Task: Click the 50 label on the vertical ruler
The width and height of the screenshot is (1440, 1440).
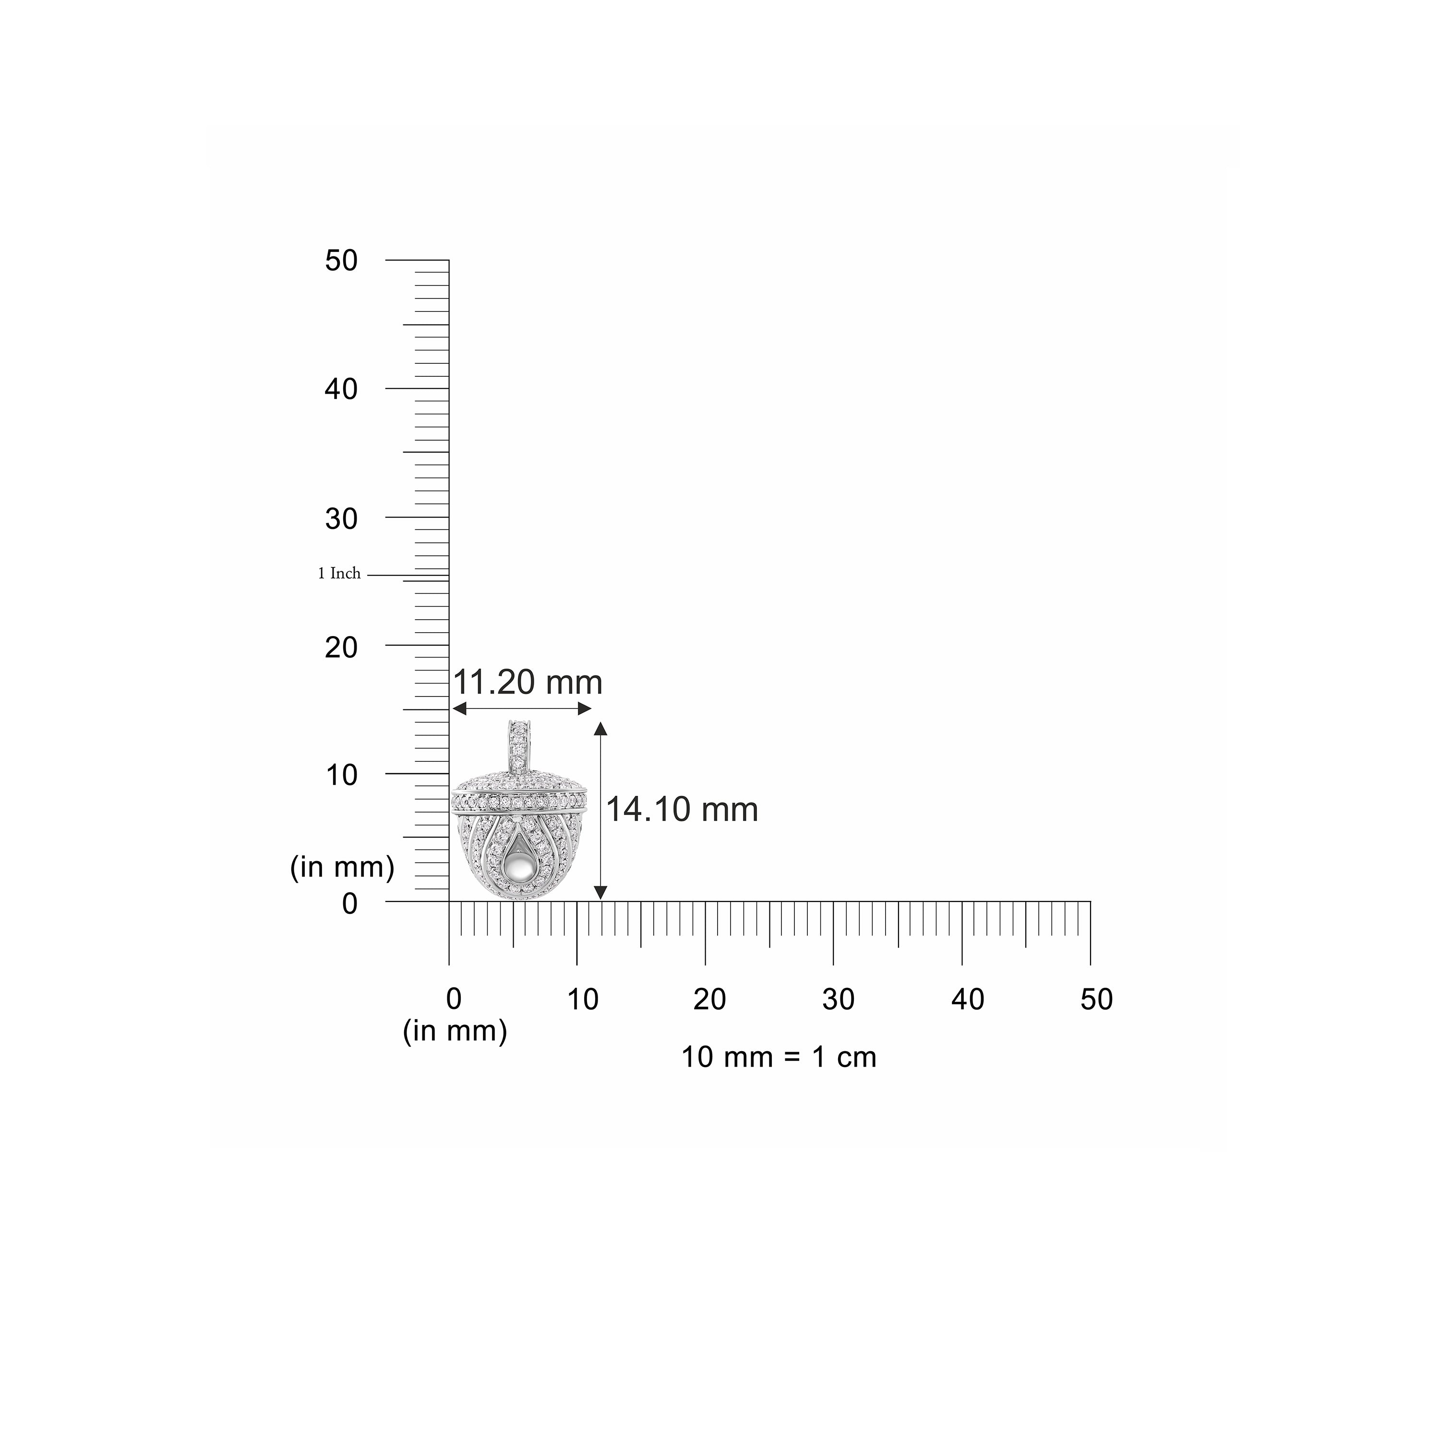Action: [x=341, y=261]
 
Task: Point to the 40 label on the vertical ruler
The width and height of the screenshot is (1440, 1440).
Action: [x=341, y=389]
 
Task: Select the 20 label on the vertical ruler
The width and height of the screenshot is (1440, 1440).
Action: [x=341, y=647]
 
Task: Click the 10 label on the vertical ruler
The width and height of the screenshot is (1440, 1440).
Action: [x=341, y=775]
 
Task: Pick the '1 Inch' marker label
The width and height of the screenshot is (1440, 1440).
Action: [x=339, y=573]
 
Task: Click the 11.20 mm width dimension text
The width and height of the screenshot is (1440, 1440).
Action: [x=528, y=683]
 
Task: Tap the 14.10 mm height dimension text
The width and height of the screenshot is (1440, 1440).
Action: [x=682, y=809]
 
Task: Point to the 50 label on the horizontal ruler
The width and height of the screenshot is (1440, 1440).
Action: [x=1096, y=999]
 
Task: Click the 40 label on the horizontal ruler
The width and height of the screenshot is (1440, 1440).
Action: [x=968, y=999]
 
